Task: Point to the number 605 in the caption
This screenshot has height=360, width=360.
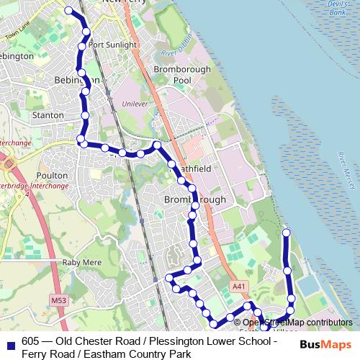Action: (30, 341)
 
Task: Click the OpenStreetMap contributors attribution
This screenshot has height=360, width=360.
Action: (297, 323)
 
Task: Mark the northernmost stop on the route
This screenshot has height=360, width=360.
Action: (69, 11)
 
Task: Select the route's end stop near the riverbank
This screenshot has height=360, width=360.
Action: (286, 232)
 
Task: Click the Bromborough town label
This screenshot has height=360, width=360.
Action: (195, 199)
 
